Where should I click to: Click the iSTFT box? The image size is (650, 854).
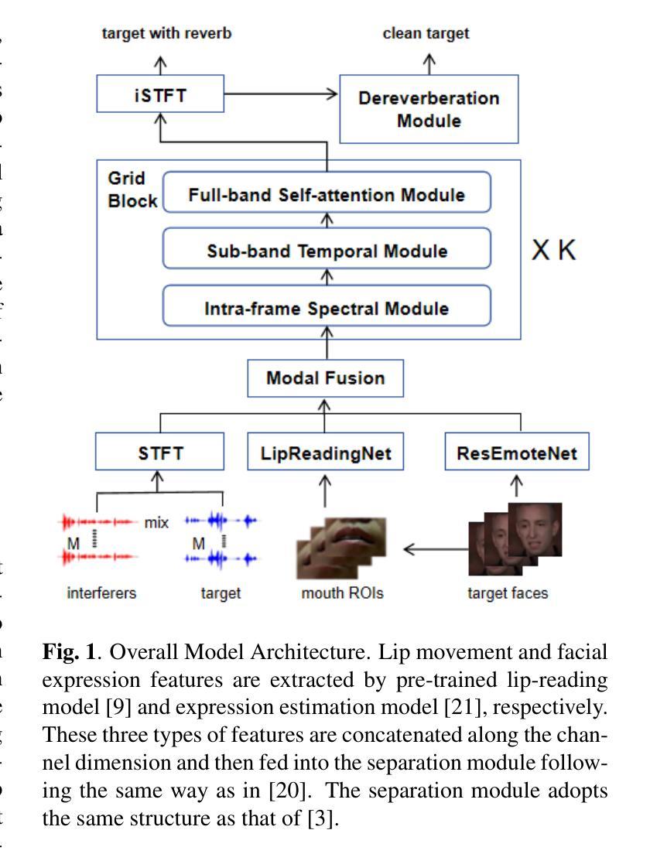pos(159,95)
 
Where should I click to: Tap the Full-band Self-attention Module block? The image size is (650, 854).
pos(327,194)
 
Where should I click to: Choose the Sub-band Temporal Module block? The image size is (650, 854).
pos(327,251)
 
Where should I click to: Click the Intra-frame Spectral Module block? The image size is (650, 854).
pos(327,308)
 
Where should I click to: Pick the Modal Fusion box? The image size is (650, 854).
pos(325,379)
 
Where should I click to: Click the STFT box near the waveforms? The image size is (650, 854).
pos(159,453)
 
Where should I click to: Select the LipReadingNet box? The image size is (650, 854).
pos(325,453)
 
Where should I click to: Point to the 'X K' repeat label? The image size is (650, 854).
pos(553,251)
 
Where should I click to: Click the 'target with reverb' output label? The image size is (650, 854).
pos(159,33)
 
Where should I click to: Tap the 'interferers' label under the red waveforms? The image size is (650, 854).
pos(101,593)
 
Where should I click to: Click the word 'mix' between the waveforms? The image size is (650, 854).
pos(157,522)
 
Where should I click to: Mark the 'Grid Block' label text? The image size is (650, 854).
pos(126,190)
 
